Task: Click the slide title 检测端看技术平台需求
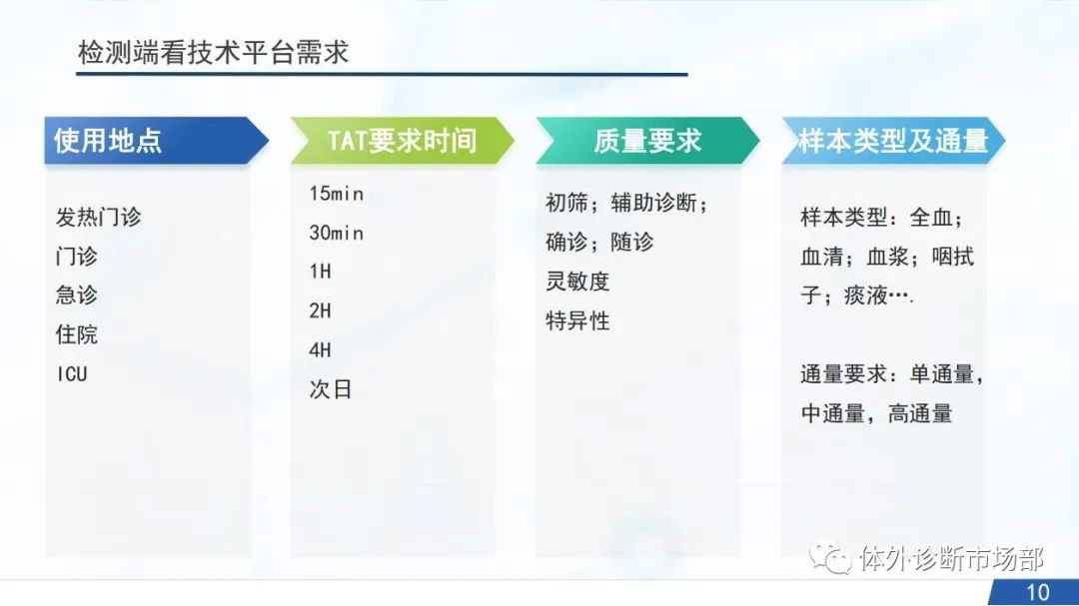pos(214,52)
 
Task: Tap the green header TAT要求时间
pos(402,141)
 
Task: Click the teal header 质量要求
pos(647,141)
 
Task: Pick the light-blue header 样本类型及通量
pos(893,141)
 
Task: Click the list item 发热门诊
pos(98,217)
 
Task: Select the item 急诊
pos(76,296)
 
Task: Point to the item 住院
pos(76,334)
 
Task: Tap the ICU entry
pos(72,374)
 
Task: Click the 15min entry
pos(336,194)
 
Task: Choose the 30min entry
pos(336,234)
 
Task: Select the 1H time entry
pos(320,272)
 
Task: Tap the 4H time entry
pos(320,350)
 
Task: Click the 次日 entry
pos(331,389)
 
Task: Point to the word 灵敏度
pos(577,282)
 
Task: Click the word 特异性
pos(577,320)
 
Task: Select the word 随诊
pos(631,243)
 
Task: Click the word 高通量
pos(920,413)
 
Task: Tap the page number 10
pos(1038,592)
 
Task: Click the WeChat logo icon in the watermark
pos(830,557)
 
